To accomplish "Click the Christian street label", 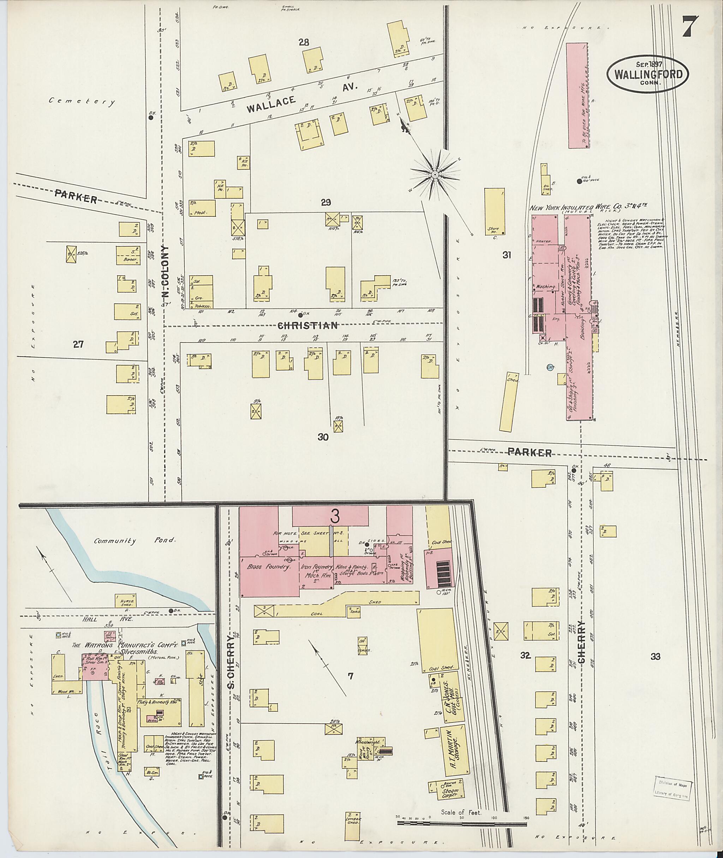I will click(x=308, y=325).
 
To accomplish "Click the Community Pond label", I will click(x=135, y=541).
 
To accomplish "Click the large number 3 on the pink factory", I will click(x=335, y=517).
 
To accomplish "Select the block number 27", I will click(x=78, y=344).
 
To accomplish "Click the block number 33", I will click(x=655, y=656).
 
